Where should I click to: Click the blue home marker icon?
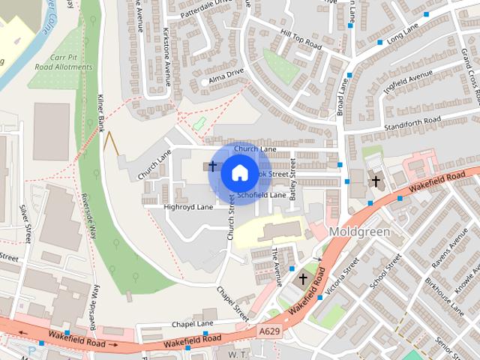coord(239,172)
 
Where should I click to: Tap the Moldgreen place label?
coord(359,232)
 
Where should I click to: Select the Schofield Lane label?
coord(262,195)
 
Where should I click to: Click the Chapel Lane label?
coord(193,324)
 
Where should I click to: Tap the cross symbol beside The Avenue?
coord(303,280)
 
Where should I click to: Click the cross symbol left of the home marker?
coord(212,164)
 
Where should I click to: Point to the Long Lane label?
coord(403,33)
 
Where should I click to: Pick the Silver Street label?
coord(28,226)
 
